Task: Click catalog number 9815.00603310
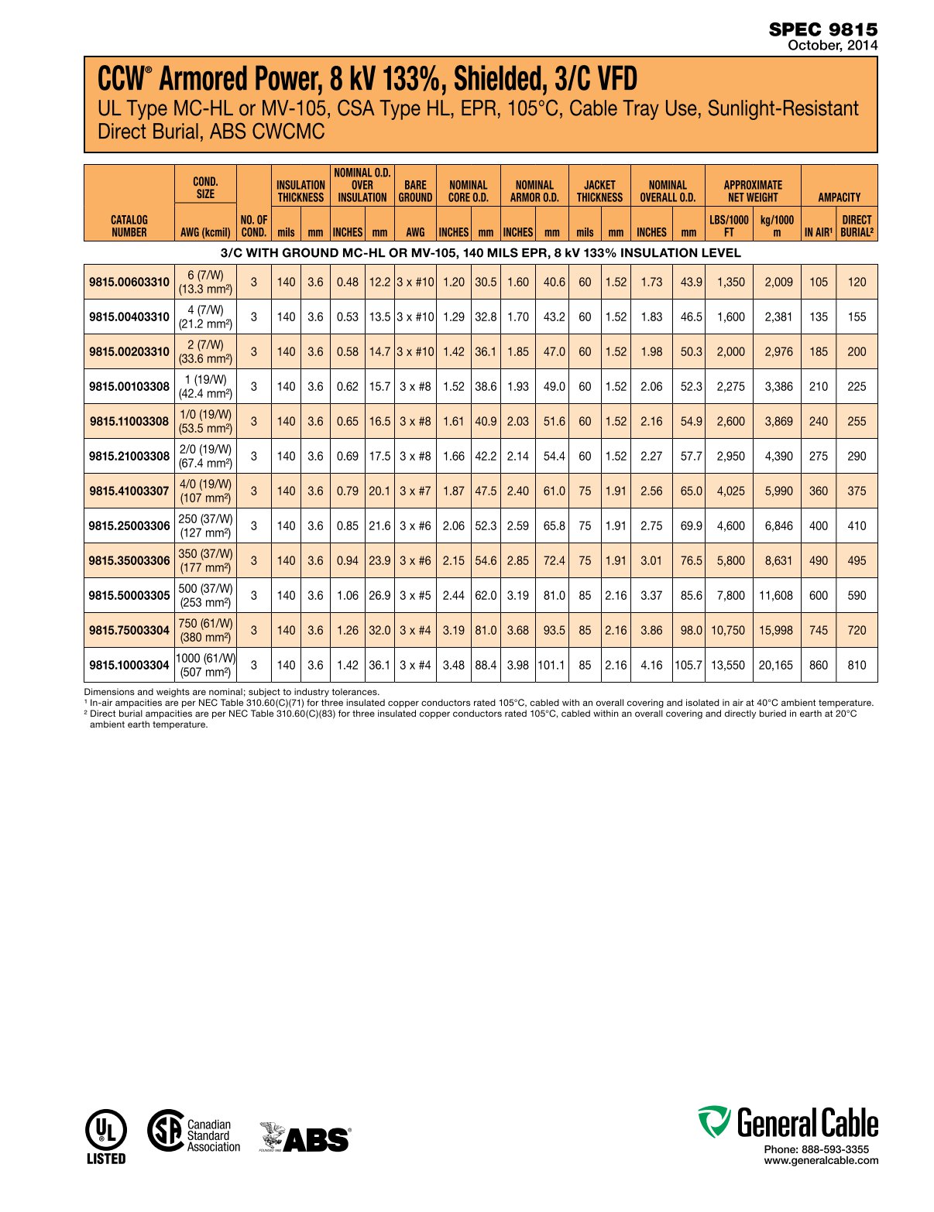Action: (129, 282)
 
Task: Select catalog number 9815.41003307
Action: (129, 491)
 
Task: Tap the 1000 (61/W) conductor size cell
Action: (205, 665)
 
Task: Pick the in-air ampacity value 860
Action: (818, 665)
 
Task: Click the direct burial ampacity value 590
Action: (857, 595)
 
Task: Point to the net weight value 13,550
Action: (728, 665)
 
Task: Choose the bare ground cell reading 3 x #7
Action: (415, 491)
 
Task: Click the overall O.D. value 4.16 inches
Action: (651, 665)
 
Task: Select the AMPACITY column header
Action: (839, 197)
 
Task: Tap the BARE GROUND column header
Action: (415, 191)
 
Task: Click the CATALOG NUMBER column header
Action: (129, 226)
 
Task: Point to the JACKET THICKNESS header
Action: (599, 191)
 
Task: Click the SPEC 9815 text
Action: (823, 29)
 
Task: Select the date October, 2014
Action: (833, 46)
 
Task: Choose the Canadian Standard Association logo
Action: (194, 1134)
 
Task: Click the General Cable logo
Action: (788, 1123)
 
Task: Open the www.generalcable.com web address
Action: (821, 1160)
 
